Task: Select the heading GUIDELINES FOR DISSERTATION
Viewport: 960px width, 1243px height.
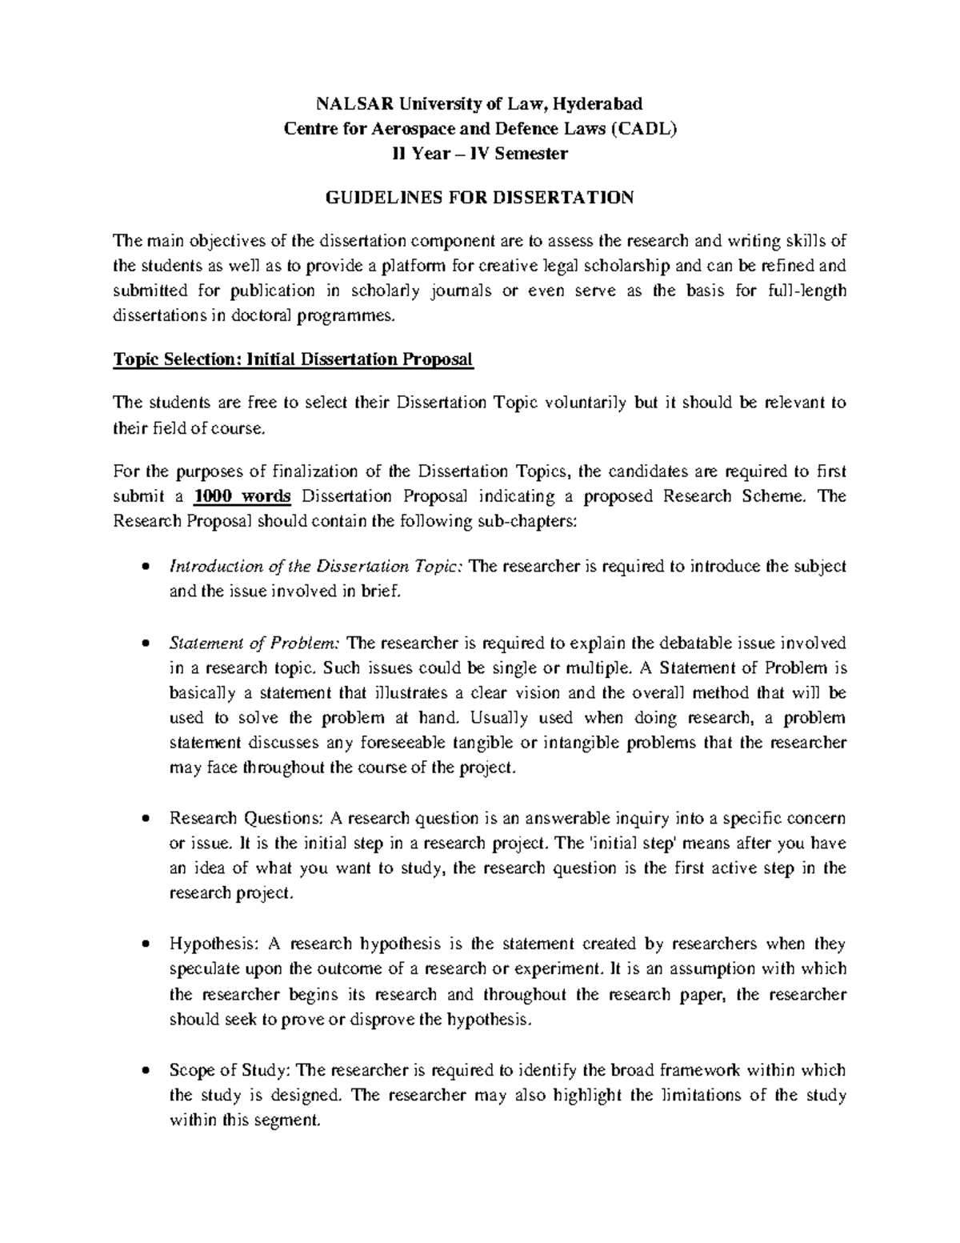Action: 478,198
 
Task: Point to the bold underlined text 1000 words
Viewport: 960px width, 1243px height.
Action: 243,496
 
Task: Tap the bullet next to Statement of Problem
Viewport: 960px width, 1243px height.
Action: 144,644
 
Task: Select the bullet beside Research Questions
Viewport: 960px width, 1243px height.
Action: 144,820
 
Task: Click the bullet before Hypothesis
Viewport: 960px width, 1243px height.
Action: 144,945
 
